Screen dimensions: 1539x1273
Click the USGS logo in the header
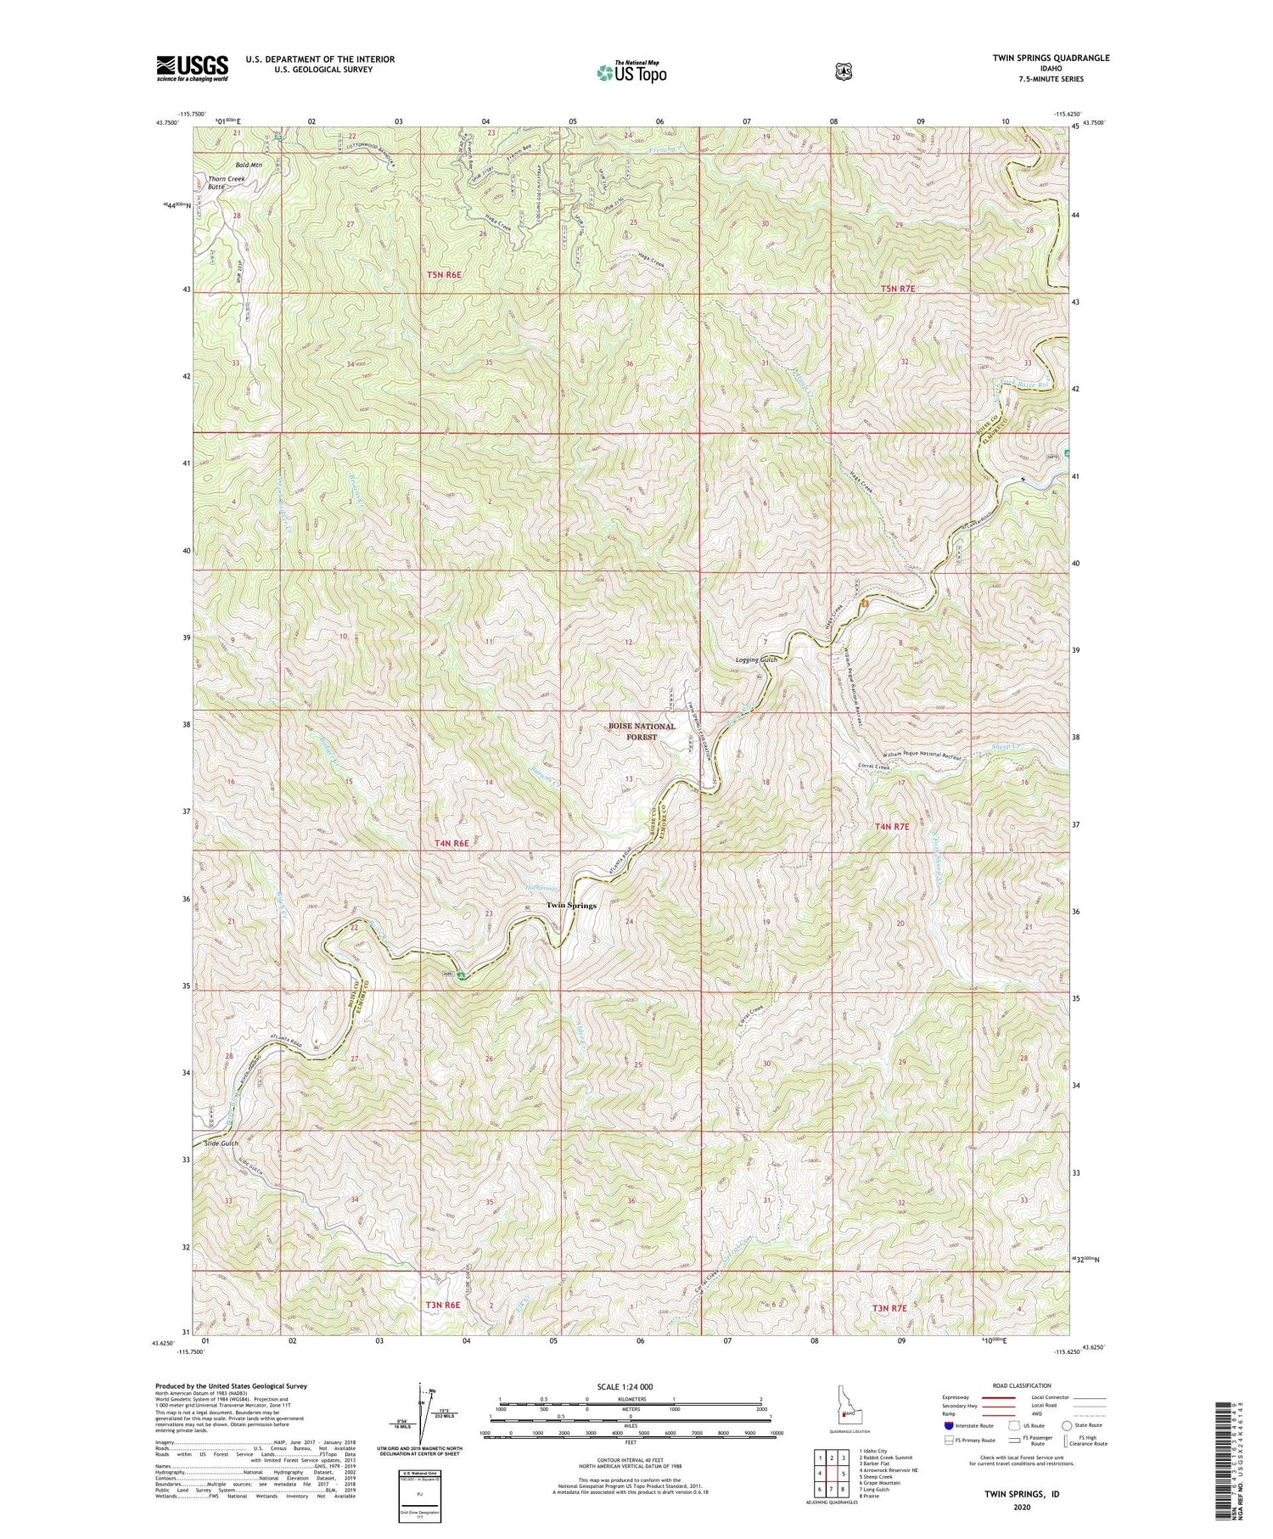(192, 68)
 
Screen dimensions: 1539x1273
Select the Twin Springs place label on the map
(570, 906)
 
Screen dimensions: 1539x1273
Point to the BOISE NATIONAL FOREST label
(642, 732)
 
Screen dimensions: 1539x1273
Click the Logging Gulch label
(756, 659)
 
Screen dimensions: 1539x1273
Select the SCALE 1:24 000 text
(631, 1386)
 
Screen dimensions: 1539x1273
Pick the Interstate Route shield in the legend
(948, 1426)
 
